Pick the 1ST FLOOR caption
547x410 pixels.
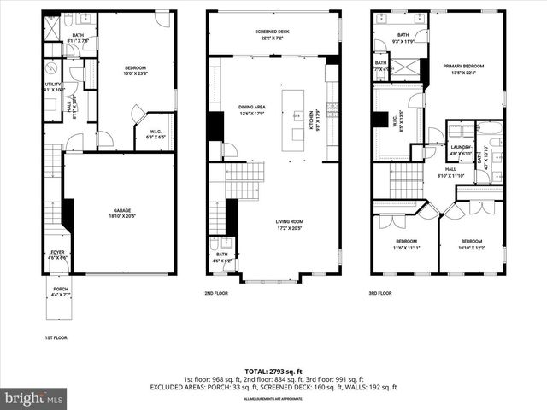(x=56, y=337)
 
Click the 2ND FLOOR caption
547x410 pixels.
(x=215, y=292)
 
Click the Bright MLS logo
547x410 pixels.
(x=34, y=398)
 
